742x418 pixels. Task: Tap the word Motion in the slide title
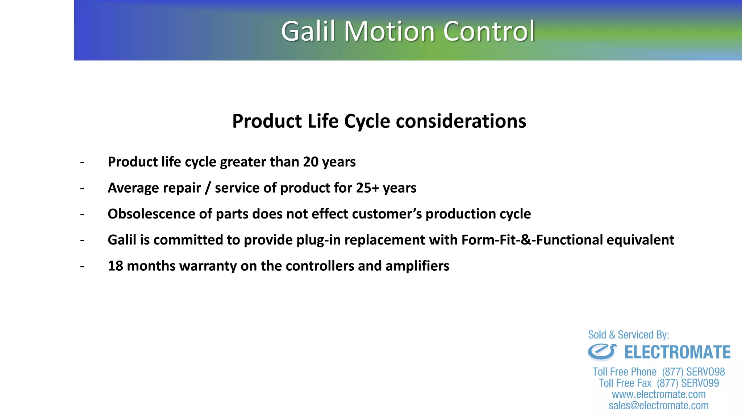389,31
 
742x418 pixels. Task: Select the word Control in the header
489,31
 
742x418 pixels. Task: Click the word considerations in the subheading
461,121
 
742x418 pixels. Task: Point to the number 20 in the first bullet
310,162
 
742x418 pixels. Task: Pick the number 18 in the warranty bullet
116,266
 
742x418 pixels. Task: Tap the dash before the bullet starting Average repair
82,188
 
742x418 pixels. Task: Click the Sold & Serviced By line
628,335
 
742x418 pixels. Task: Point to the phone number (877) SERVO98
693,372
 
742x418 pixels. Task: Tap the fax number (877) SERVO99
688,383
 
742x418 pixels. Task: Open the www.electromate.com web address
659,394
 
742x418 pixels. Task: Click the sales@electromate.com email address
659,406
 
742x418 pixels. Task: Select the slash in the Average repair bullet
208,188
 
